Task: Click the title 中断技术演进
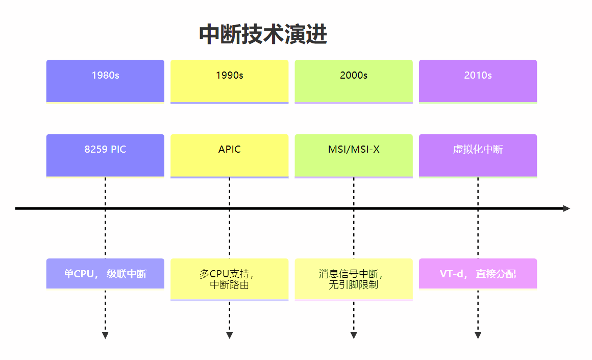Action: click(263, 35)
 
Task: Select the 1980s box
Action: click(105, 81)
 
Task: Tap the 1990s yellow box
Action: click(229, 81)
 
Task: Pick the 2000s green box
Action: click(354, 81)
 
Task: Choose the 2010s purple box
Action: click(478, 81)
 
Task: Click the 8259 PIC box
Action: click(105, 155)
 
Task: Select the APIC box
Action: click(229, 155)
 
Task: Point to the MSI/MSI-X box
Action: click(354, 155)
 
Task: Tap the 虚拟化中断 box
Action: click(478, 155)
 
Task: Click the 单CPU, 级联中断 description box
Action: click(105, 274)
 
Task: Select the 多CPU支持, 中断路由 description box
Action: click(229, 279)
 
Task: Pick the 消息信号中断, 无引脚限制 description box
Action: click(354, 279)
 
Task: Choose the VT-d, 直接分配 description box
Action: click(478, 274)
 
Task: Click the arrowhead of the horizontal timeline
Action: click(566, 208)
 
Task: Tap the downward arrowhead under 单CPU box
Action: click(105, 335)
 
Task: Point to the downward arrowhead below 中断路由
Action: click(229, 335)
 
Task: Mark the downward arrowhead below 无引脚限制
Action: click(354, 335)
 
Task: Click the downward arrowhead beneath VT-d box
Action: click(478, 335)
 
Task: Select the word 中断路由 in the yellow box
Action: click(230, 285)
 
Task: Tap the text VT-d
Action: click(451, 274)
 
